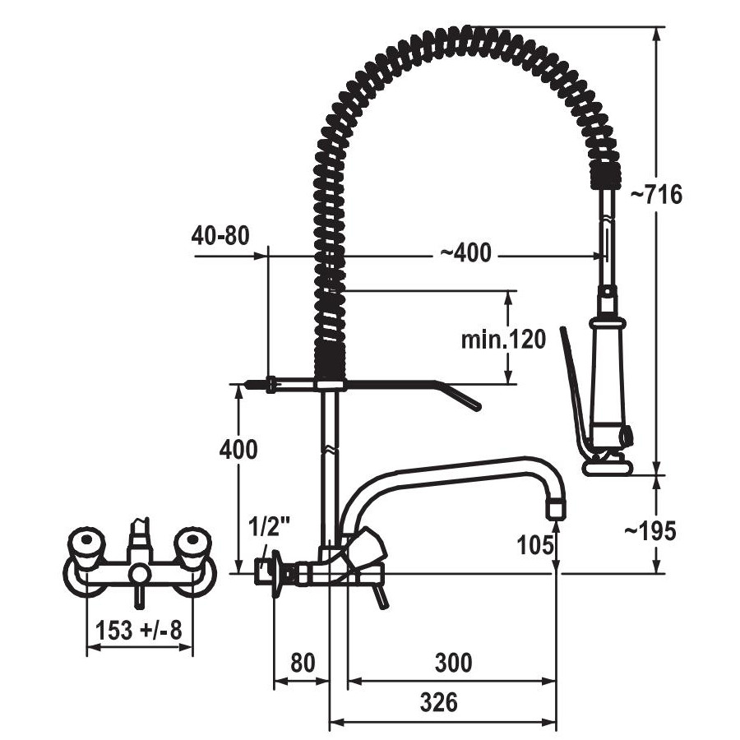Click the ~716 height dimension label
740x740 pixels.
coord(656,194)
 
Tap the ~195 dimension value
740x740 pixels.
coord(650,531)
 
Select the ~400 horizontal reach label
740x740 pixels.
coord(466,252)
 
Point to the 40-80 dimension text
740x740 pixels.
coord(220,235)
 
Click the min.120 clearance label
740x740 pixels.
coord(503,339)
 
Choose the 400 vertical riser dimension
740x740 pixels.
coord(238,449)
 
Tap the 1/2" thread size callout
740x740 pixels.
coord(270,528)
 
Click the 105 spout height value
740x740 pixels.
coord(535,546)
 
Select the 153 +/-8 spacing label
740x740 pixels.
coord(139,630)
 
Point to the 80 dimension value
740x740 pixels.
coord(303,663)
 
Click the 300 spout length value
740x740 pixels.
coord(453,663)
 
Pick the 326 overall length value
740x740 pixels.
coord(439,702)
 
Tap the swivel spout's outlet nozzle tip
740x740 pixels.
coord(556,509)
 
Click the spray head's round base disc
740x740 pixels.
coord(608,468)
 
